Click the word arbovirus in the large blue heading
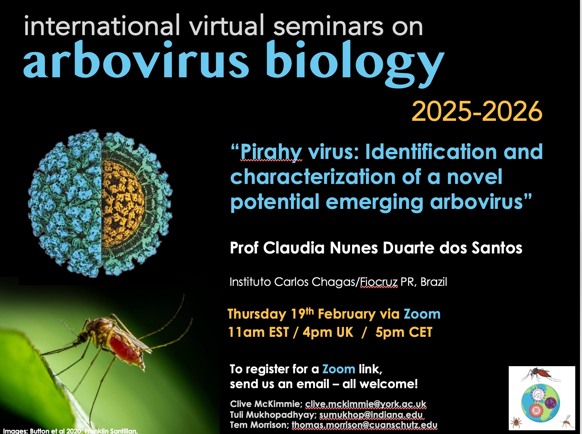click(x=136, y=60)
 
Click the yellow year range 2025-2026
click(x=477, y=111)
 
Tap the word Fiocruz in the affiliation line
click(x=379, y=282)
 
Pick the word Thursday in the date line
click(x=257, y=314)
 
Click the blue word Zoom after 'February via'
click(x=422, y=314)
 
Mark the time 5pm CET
click(x=404, y=332)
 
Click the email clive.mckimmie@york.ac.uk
click(x=366, y=404)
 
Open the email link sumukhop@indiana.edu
click(x=371, y=414)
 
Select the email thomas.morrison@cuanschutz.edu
click(x=365, y=425)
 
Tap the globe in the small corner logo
click(x=540, y=402)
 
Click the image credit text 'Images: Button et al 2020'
click(x=42, y=431)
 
